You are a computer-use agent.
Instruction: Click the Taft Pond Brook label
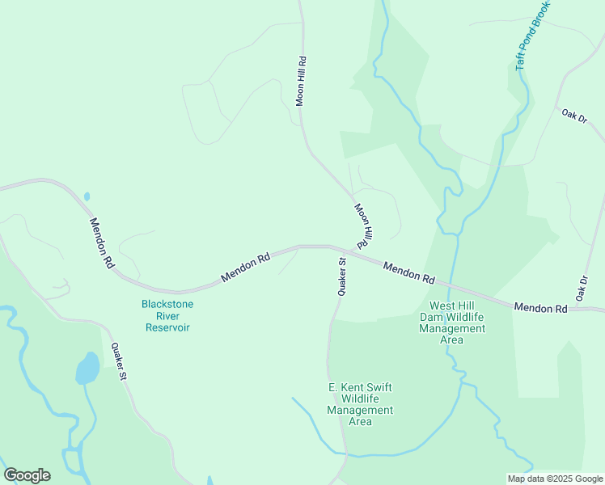tap(532, 36)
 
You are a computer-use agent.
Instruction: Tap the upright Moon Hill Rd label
tap(301, 81)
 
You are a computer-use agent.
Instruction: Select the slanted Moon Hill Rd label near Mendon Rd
tap(362, 226)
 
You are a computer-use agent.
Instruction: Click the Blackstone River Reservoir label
tap(167, 315)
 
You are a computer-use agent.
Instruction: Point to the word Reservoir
tap(167, 327)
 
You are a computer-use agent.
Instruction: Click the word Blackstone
tap(167, 304)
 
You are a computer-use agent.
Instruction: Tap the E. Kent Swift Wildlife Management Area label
tap(360, 404)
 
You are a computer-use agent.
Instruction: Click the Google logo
tap(27, 475)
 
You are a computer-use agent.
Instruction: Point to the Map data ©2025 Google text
tap(554, 479)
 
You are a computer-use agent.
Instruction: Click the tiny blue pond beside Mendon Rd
tap(87, 196)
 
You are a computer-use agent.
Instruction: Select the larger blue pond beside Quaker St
tap(87, 369)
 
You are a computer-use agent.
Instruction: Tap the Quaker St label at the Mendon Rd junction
tap(342, 276)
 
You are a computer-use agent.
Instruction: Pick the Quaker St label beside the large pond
tap(119, 361)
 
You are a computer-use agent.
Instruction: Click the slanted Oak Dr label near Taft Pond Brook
tap(573, 115)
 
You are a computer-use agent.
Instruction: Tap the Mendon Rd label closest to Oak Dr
tap(541, 308)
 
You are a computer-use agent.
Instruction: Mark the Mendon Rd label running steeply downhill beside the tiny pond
tap(102, 242)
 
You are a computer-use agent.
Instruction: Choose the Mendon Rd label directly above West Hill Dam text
tap(408, 272)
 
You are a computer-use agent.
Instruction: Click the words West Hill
tap(451, 306)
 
